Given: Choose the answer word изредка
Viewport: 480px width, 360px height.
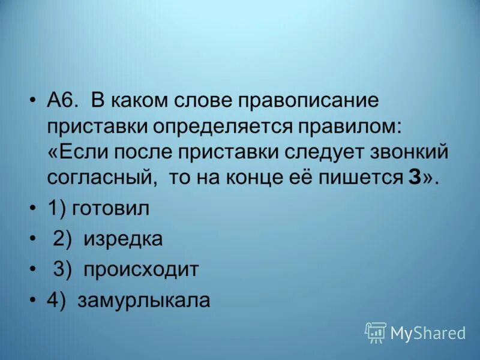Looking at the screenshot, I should [123, 239].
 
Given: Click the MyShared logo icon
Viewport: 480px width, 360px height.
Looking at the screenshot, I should [376, 332].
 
